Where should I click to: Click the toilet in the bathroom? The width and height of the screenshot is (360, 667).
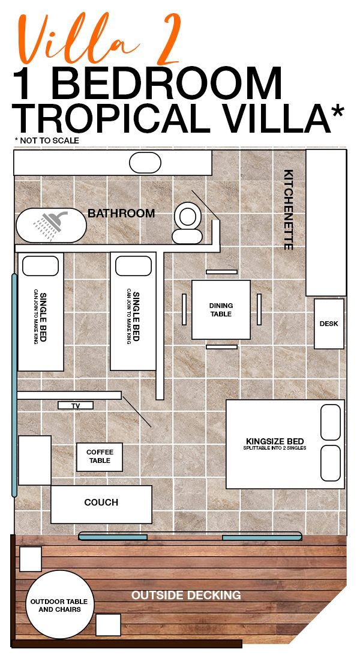187,223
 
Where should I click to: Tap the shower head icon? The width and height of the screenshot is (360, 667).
50,225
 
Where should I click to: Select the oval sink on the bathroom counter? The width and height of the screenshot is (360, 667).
145,163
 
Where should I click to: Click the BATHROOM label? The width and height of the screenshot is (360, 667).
121,213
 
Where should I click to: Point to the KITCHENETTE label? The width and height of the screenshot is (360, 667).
289,210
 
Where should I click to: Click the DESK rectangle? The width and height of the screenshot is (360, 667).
329,324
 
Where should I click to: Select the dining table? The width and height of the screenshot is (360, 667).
221,310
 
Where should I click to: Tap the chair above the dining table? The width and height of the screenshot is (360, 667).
221,272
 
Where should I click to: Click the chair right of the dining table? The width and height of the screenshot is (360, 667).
259,309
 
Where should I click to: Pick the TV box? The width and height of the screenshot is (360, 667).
76,405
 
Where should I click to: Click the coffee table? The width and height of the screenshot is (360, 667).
100,457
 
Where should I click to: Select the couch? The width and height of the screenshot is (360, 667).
101,504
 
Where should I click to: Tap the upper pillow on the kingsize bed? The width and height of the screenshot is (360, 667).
331,422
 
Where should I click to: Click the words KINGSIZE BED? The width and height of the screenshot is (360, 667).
275,441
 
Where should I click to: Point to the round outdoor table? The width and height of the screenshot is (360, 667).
59,604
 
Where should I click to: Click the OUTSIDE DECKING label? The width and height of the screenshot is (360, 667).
186,595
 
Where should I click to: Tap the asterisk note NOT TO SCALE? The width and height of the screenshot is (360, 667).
47,140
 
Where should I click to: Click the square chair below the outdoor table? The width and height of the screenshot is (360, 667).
108,625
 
